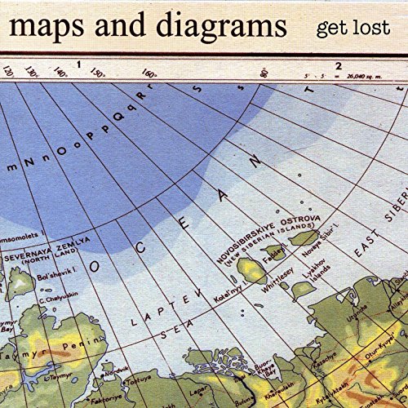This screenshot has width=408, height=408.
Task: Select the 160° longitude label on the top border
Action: (149, 73)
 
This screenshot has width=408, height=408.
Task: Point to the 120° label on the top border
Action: (7, 73)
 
